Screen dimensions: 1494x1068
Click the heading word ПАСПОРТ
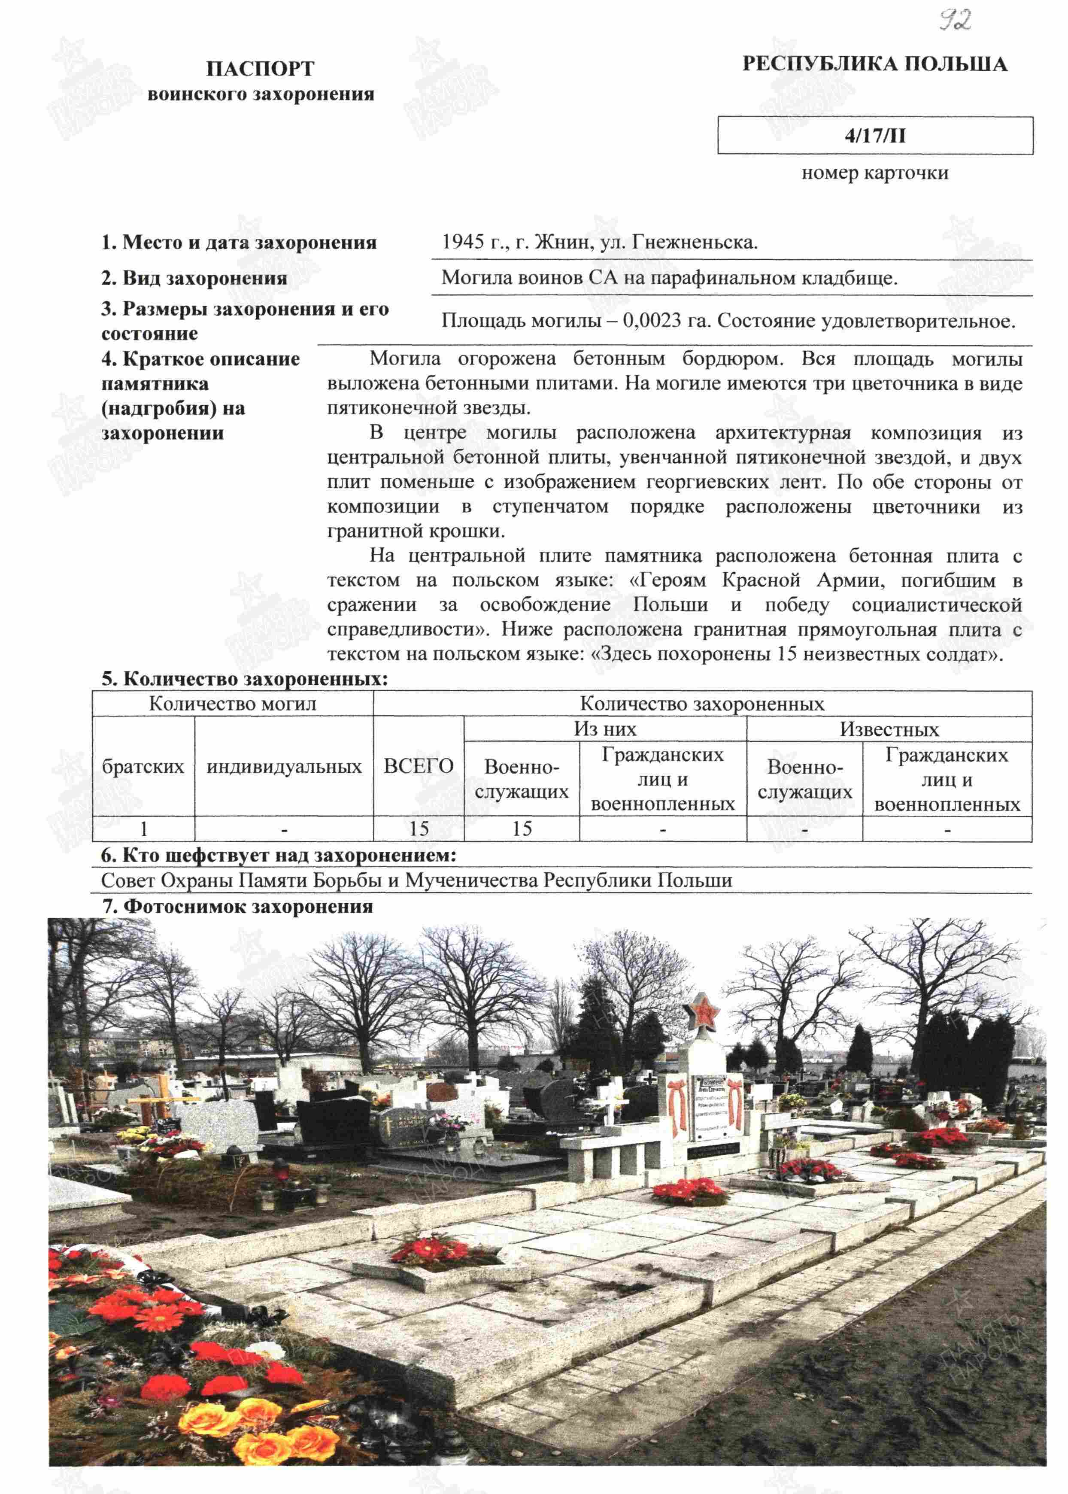[261, 68]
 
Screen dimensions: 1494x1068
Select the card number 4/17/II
[875, 136]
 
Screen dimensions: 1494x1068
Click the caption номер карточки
[875, 173]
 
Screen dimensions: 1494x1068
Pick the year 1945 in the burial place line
[462, 243]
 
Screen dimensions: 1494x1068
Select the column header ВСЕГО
[418, 766]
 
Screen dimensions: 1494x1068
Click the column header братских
[143, 766]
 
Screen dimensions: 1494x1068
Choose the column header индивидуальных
[284, 766]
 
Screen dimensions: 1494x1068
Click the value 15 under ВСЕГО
[418, 829]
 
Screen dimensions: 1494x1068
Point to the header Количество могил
[232, 704]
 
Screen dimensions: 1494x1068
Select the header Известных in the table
[889, 729]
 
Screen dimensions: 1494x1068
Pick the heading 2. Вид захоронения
[194, 278]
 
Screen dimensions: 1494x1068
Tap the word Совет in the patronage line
[128, 881]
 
